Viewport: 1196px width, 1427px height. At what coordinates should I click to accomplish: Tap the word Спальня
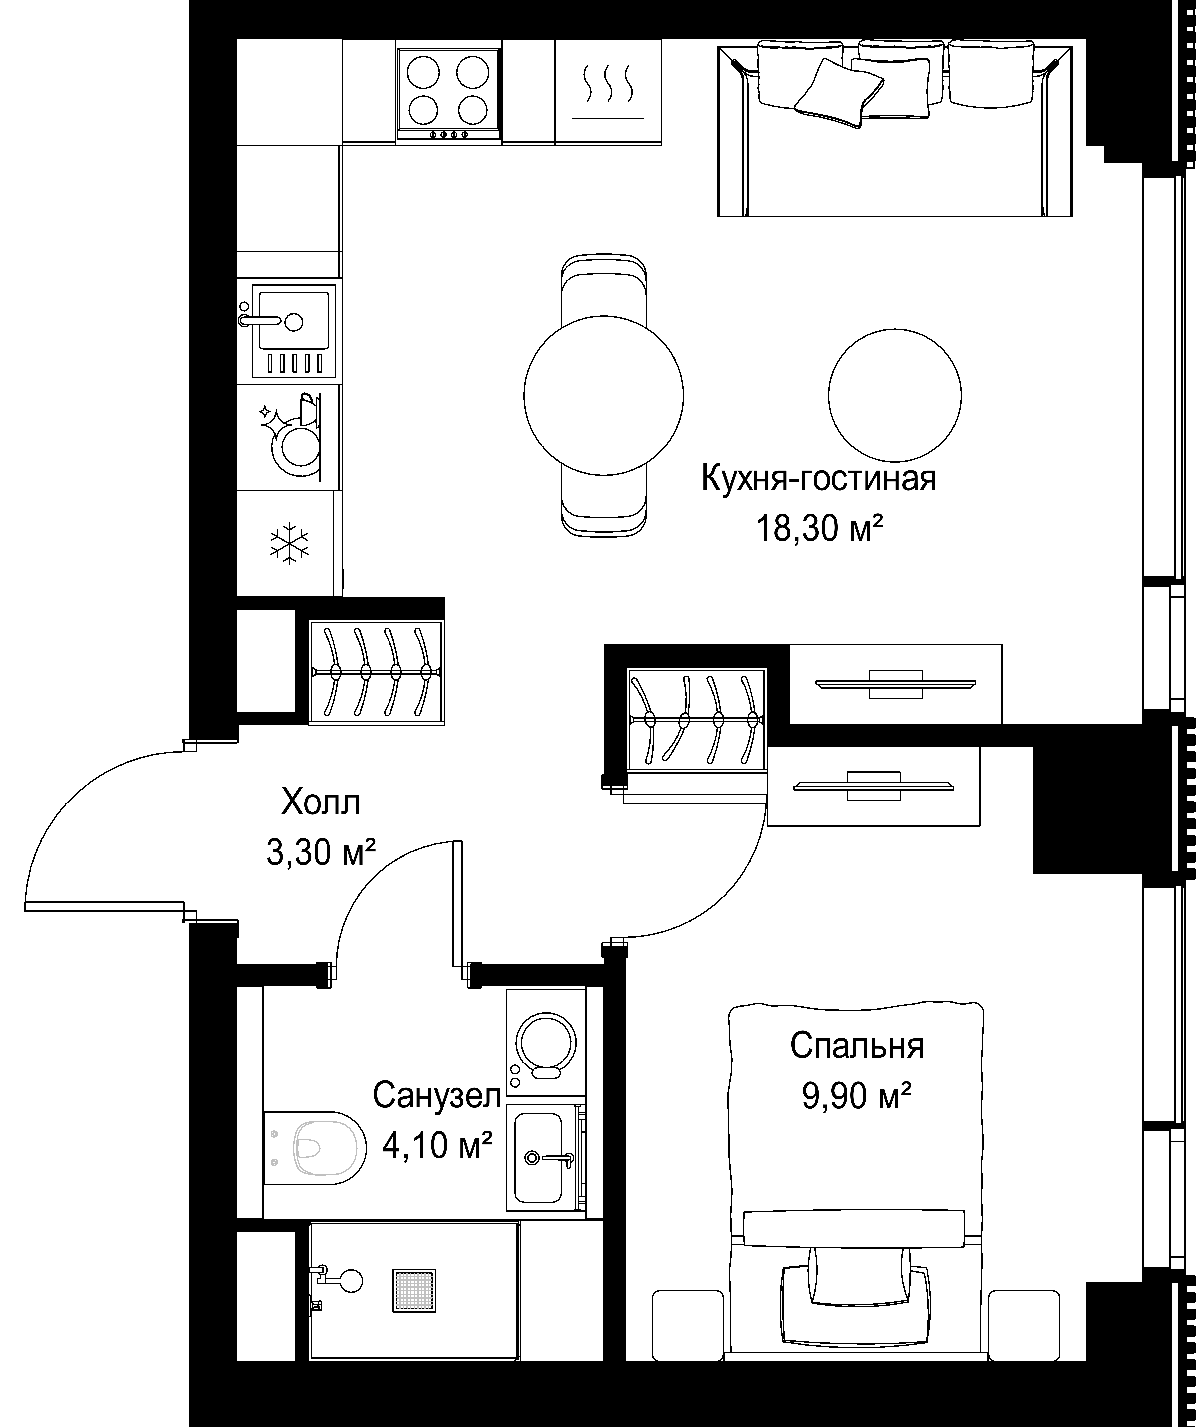(857, 1046)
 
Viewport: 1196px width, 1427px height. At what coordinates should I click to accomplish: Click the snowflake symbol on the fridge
(289, 544)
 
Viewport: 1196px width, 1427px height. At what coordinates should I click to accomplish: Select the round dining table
(603, 395)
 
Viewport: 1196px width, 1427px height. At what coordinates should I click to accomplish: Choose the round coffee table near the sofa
(894, 395)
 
